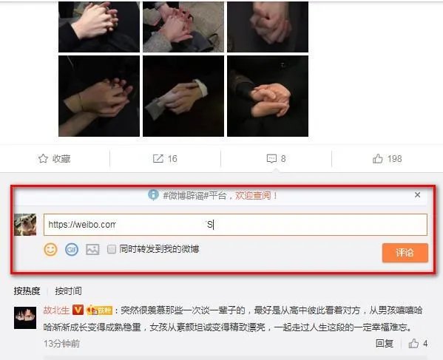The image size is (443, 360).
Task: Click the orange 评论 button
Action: click(405, 253)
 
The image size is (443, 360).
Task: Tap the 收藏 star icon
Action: click(43, 158)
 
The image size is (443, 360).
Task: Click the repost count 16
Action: click(172, 158)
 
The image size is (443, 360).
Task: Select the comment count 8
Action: click(283, 158)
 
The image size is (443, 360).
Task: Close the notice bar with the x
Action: click(417, 195)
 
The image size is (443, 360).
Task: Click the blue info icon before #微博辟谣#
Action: click(153, 195)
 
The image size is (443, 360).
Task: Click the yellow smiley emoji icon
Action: click(50, 249)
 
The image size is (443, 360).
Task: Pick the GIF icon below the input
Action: click(72, 249)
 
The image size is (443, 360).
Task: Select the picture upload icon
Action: click(92, 249)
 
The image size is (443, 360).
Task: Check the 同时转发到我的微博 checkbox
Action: click(112, 249)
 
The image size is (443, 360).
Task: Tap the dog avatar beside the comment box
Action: click(25, 225)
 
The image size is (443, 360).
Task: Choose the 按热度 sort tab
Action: click(27, 291)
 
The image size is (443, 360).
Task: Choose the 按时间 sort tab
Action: click(68, 291)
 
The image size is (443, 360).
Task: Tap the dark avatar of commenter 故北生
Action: click(25, 318)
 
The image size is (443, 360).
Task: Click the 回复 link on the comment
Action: click(384, 344)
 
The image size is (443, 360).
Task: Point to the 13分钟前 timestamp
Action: click(61, 344)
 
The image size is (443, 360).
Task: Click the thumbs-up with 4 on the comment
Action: click(419, 344)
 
